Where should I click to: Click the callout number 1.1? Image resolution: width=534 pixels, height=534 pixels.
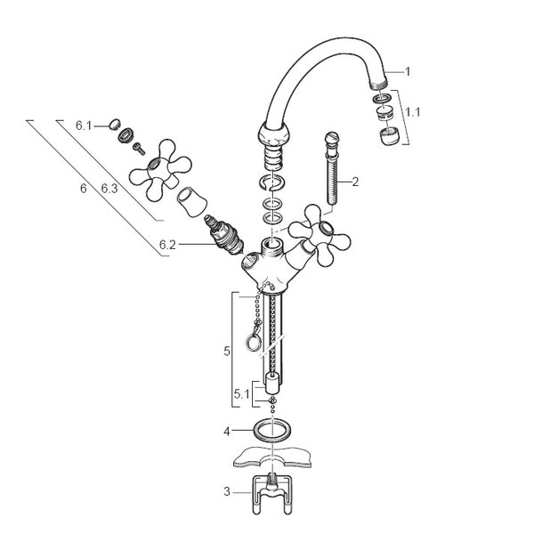pyautogui.click(x=413, y=112)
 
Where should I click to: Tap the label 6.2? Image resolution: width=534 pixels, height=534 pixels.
pyautogui.click(x=167, y=245)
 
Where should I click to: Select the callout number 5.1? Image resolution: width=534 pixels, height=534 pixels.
pyautogui.click(x=241, y=394)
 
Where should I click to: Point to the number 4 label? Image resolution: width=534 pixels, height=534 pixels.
pyautogui.click(x=227, y=432)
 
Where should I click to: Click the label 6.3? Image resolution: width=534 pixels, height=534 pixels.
pyautogui.click(x=109, y=188)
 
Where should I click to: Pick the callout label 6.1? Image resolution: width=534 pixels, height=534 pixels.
pyautogui.click(x=84, y=125)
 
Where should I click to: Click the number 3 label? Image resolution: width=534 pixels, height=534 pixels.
pyautogui.click(x=227, y=491)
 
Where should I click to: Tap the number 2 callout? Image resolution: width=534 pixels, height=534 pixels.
pyautogui.click(x=355, y=182)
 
